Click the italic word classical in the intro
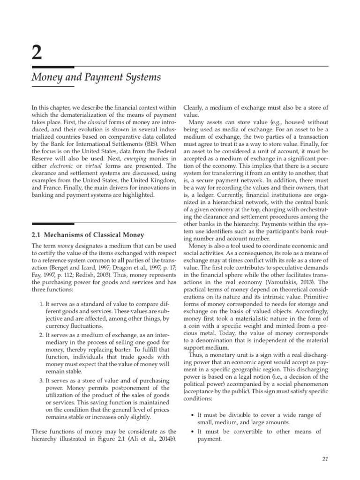[83, 122]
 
